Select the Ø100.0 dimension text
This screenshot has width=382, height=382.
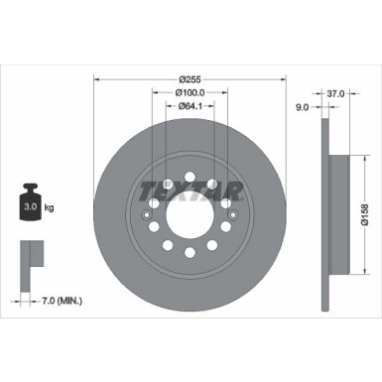(x=189, y=92)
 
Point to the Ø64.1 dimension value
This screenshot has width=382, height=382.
(x=189, y=108)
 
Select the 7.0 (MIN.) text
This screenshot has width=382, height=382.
(x=56, y=298)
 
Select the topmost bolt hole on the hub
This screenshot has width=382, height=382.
(x=189, y=175)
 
